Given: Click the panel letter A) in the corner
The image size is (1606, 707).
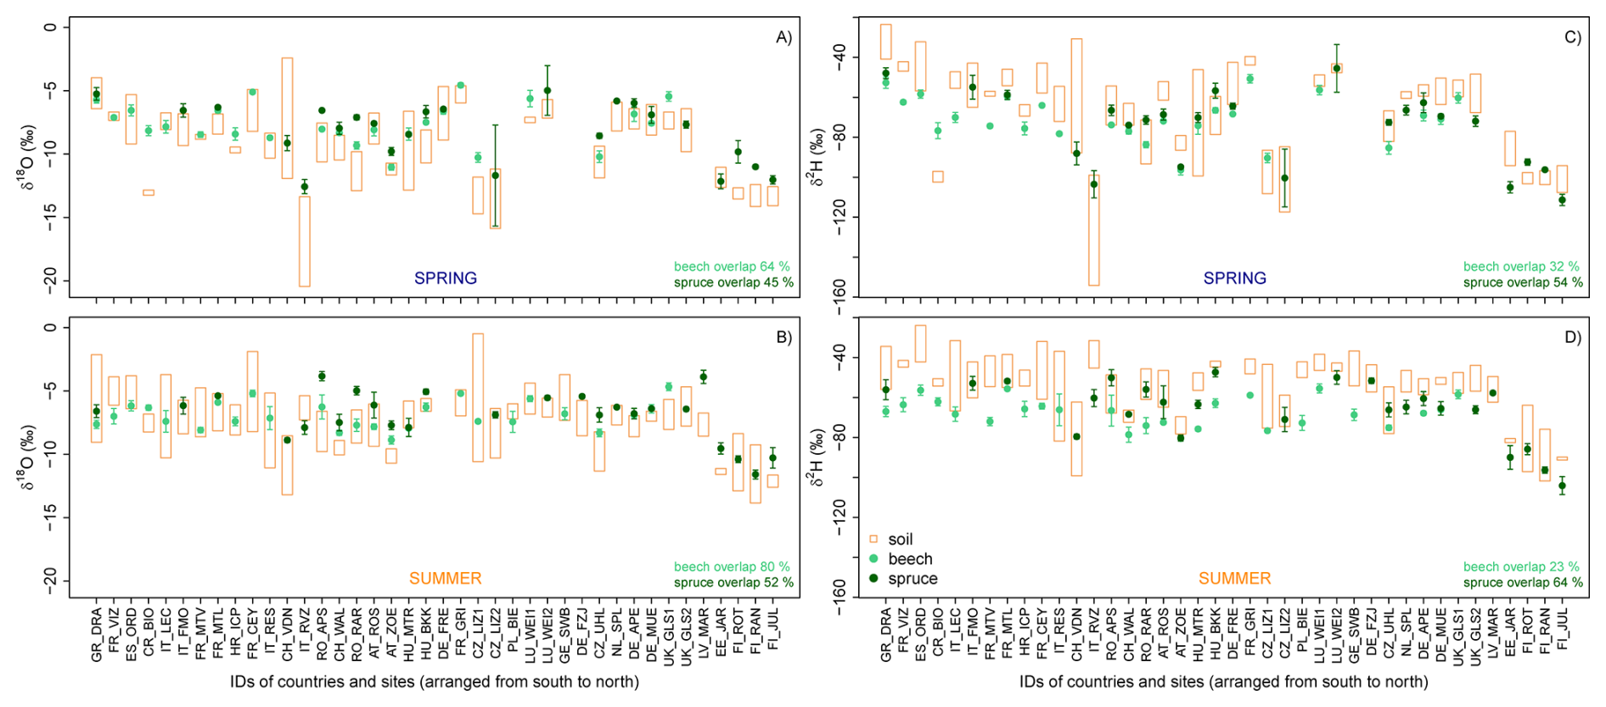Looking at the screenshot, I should coord(783,37).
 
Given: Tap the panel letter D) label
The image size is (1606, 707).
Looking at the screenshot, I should coord(1573,338).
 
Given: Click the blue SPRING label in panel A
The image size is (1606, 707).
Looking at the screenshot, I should coord(446,278).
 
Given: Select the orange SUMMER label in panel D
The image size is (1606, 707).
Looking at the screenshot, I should coord(1234,579).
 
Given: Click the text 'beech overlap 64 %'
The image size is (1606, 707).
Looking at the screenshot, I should coord(732,267).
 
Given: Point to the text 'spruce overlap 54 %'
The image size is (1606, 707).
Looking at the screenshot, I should coord(1523,283).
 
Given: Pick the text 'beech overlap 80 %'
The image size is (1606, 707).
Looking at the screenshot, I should coord(732,567).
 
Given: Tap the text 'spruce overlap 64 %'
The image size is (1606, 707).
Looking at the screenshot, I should coord(1523,583).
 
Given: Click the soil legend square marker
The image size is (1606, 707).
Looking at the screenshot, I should coord(873,540).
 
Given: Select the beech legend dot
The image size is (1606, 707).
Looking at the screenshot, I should coord(873,559).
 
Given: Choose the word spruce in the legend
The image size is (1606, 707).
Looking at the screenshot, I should coord(912,579).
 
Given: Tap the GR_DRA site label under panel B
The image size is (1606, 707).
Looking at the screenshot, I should coord(96,635).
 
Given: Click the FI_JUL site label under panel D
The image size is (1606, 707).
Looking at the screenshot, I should coord(1563,629).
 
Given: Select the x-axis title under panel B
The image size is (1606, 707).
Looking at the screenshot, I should coord(434,682).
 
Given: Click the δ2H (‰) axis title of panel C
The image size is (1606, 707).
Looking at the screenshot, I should coord(817,157).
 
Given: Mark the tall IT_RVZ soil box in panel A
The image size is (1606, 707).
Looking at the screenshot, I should coord(304,241).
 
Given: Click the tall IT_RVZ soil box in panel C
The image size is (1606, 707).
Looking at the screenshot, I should coord(1094,229).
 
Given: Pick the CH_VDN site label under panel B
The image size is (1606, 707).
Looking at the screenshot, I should coord(287,635).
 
